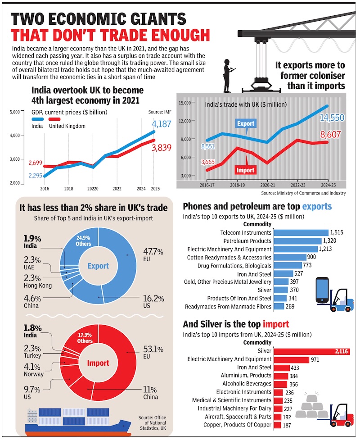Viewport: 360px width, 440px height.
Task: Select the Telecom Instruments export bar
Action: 301,232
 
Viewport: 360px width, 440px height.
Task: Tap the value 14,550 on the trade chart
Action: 332,118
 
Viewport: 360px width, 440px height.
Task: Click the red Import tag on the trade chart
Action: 245,170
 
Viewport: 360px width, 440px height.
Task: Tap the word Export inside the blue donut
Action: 98,266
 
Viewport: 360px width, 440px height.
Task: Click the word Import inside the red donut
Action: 98,363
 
